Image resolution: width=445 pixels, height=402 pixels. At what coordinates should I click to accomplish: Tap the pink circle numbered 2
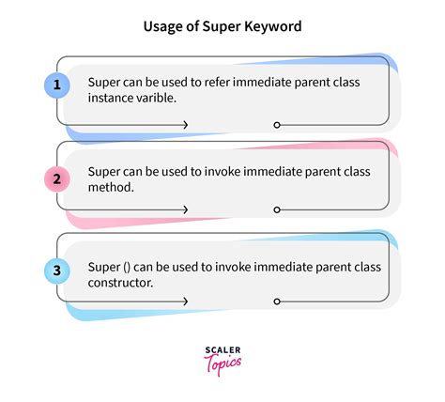[x=56, y=178]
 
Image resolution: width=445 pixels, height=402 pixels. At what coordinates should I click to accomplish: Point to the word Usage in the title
[x=162, y=27]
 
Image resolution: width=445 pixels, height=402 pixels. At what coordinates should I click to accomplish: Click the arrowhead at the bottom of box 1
[x=185, y=124]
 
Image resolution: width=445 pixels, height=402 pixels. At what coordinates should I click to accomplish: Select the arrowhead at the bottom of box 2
[x=185, y=209]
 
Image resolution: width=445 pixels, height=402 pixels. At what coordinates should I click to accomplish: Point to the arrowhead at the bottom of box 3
[x=185, y=301]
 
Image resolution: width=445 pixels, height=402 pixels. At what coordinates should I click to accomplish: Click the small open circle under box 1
[x=276, y=124]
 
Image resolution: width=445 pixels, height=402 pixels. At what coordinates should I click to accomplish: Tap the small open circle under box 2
[x=276, y=209]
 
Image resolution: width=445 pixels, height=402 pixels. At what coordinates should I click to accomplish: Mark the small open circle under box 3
[x=276, y=301]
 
